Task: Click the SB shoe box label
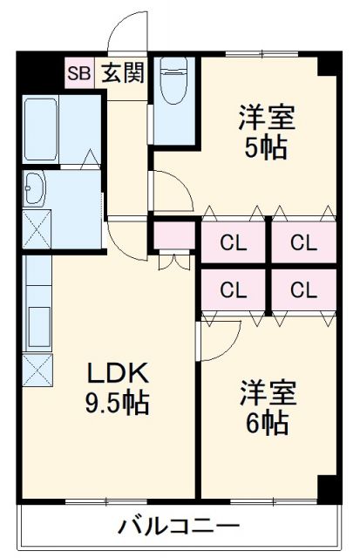(79, 73)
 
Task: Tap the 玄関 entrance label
(123, 73)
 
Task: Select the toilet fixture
(174, 80)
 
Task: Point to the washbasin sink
(34, 188)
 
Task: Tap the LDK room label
(118, 372)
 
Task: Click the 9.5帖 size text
(117, 403)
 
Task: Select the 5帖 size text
(266, 147)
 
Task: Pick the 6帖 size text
(267, 423)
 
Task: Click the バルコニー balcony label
(179, 527)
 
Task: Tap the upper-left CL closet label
(234, 243)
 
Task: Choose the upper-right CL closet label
(304, 243)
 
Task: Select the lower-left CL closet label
(234, 290)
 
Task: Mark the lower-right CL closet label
(304, 290)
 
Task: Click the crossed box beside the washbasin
(37, 229)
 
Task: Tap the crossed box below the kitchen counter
(37, 370)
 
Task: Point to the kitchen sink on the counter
(39, 327)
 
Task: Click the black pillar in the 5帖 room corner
(327, 65)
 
